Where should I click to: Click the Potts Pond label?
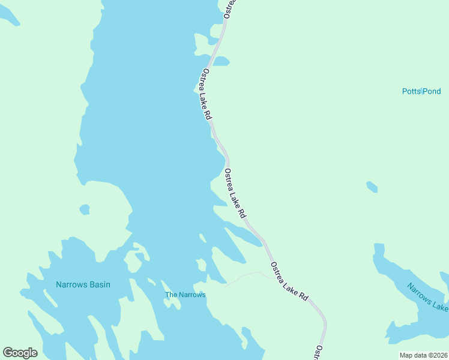click(421, 91)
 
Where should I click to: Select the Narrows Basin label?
click(83, 284)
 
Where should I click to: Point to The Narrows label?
click(185, 295)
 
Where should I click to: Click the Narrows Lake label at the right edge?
click(428, 296)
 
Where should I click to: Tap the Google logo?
click(20, 353)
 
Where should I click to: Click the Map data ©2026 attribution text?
click(424, 355)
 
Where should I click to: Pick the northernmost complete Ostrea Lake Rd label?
click(206, 94)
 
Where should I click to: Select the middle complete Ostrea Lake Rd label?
click(235, 193)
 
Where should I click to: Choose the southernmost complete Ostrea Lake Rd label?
click(289, 281)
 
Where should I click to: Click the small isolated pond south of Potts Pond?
click(372, 187)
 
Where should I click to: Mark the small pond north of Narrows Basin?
click(85, 209)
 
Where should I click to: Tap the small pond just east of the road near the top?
click(221, 61)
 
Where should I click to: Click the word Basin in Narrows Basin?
click(97, 284)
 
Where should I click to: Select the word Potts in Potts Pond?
click(411, 91)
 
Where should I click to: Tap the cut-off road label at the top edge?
click(230, 8)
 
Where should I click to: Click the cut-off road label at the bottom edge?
click(319, 353)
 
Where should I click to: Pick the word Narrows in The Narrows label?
click(192, 295)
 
